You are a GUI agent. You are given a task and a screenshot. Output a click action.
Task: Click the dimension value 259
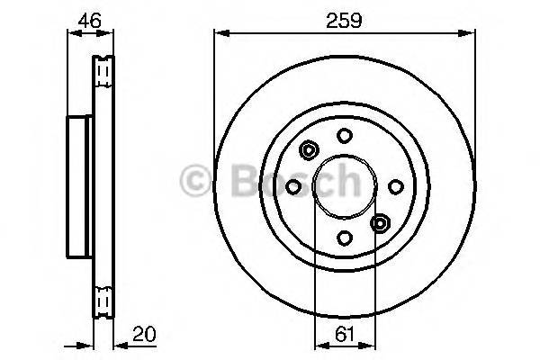[344, 21]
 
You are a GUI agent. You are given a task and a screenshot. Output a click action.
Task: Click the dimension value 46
[89, 21]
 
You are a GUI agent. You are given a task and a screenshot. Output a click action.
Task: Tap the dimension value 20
[144, 334]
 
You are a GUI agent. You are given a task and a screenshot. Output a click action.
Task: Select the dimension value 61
[345, 334]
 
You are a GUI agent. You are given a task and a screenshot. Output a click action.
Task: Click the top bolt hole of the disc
[345, 135]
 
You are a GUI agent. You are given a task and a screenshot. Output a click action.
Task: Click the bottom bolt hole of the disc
[345, 238]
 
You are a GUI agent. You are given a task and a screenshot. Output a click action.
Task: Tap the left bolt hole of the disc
[293, 186]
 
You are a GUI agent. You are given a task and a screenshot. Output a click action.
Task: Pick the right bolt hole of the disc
[396, 186]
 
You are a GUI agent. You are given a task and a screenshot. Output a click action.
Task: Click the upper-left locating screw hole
[309, 150]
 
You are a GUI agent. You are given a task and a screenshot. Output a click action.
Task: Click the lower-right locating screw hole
[380, 223]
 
